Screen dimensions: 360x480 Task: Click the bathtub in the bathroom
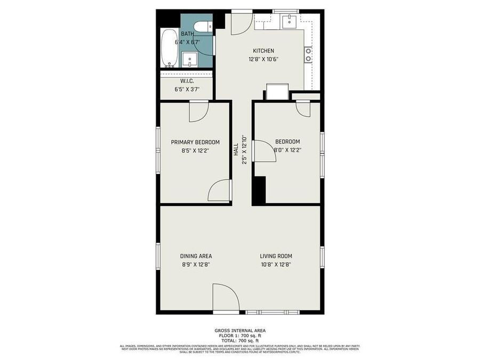pos(170,49)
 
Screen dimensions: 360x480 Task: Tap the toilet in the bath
pos(201,27)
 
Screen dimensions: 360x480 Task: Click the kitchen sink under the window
pos(289,21)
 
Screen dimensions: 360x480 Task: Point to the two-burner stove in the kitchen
pos(308,55)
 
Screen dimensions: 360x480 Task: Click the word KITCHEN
pos(263,51)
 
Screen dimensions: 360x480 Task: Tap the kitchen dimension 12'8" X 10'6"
pos(263,59)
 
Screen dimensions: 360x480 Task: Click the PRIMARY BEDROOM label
pos(195,142)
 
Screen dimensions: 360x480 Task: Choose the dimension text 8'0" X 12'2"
pos(287,150)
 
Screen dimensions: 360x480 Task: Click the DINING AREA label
pos(196,256)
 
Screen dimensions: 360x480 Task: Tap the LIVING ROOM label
pos(276,256)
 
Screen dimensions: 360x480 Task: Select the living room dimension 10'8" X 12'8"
pos(276,264)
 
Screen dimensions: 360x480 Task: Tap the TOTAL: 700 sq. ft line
pos(240,340)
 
